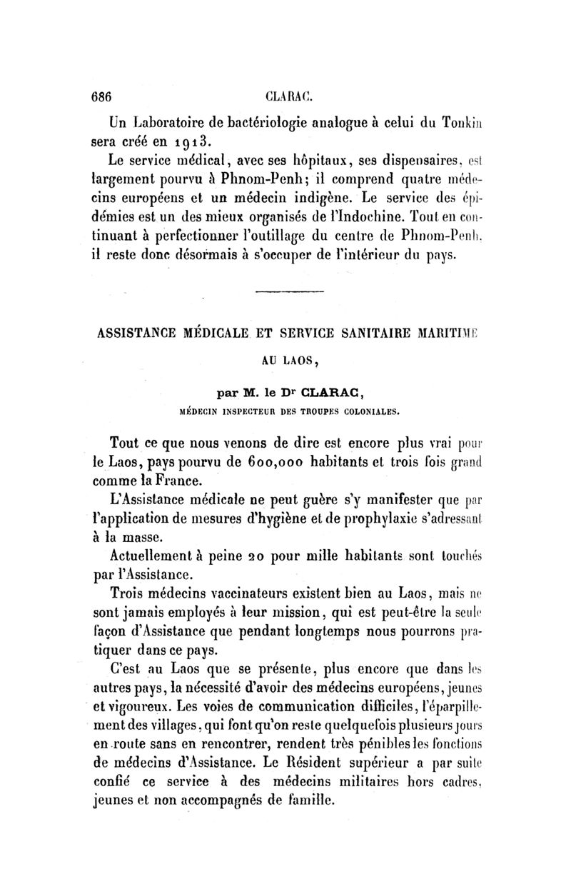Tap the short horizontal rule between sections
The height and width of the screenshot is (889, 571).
click(x=289, y=291)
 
